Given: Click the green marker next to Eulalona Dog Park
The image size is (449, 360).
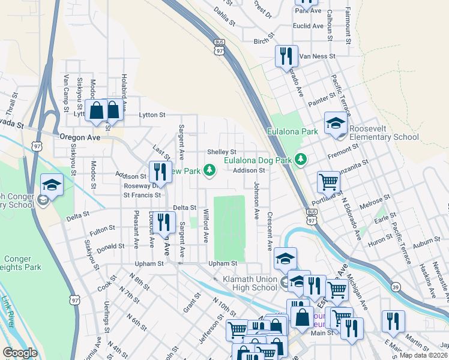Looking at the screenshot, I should pyautogui.click(x=304, y=160).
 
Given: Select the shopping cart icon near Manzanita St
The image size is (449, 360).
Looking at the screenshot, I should pyautogui.click(x=328, y=181).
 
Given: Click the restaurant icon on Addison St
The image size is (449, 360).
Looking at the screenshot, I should pyautogui.click(x=160, y=172).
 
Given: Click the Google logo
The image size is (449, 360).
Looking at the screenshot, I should pyautogui.click(x=20, y=353).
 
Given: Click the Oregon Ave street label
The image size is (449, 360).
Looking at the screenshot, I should pyautogui.click(x=79, y=137).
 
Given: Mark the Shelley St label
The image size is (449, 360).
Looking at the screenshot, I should pyautogui.click(x=221, y=152).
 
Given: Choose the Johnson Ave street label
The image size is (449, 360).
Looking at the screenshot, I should pyautogui.click(x=257, y=200).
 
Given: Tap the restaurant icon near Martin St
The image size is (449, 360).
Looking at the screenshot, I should pyautogui.click(x=393, y=322).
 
